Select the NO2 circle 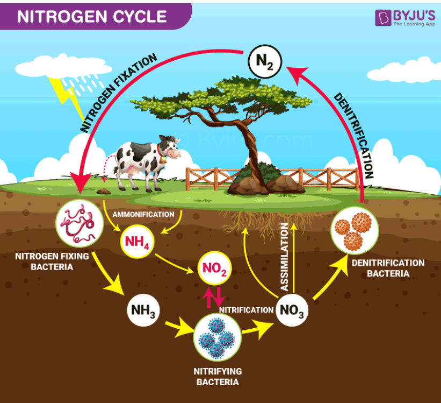tap(214, 267)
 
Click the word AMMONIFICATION tap(143, 214)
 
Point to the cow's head tap(171, 147)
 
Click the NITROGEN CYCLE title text tap(92, 16)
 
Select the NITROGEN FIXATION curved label tap(118, 92)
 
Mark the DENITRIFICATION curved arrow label tap(353, 135)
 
